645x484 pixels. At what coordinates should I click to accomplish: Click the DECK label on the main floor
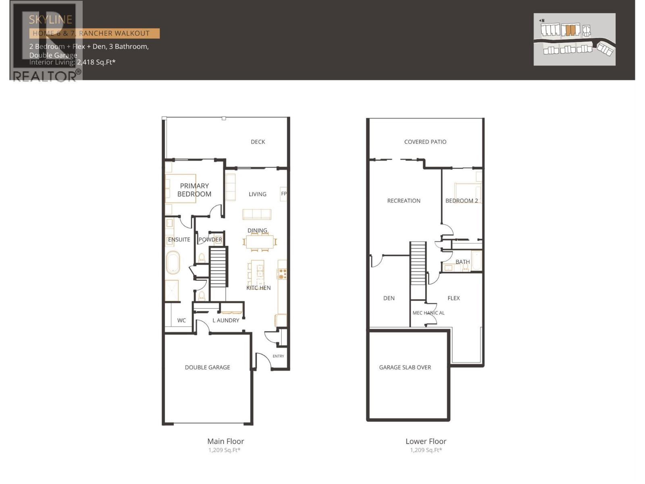coord(258,142)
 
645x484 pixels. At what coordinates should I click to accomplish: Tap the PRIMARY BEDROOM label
coord(194,190)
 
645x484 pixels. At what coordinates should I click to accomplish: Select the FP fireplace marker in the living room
coord(284,194)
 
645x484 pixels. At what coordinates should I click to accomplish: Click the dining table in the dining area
coord(260,242)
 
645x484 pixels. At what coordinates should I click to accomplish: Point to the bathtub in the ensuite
coord(173,263)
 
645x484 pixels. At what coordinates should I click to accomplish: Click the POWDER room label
coord(210,240)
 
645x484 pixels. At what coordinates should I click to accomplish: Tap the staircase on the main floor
coord(218,267)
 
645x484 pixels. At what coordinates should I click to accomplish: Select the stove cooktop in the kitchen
coord(282,274)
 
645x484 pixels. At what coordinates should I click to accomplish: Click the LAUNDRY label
coord(226,320)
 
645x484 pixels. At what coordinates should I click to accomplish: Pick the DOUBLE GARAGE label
coord(207,367)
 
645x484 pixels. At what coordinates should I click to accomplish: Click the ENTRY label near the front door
coord(278,356)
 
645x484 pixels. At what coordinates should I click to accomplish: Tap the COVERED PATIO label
coord(425,142)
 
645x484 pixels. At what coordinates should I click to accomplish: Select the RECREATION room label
coord(404,201)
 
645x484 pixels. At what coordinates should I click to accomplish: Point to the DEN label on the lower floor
coord(389,298)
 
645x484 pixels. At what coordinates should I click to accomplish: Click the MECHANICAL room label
coord(429,313)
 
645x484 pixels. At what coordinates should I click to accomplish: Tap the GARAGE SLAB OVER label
coord(405,367)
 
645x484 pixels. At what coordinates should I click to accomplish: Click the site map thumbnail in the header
coord(574,39)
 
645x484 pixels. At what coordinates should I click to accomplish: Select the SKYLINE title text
coord(50,19)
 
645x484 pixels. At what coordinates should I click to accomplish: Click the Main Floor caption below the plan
coord(225,441)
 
